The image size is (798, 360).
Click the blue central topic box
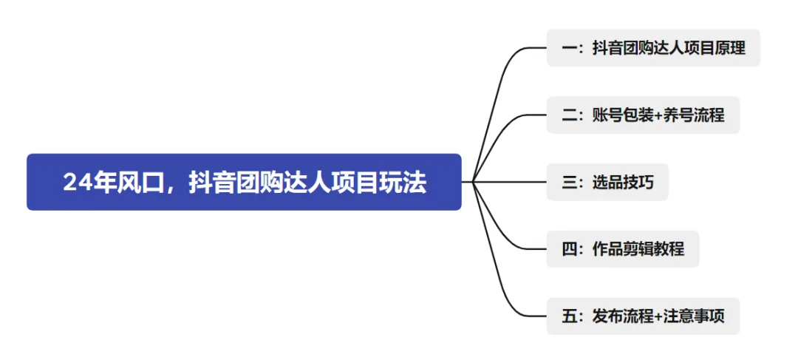(x=244, y=182)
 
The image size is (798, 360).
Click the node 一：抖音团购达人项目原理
(x=653, y=48)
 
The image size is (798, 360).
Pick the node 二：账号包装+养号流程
(x=643, y=115)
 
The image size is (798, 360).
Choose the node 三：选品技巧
(x=607, y=182)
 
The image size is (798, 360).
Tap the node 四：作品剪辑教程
(x=622, y=249)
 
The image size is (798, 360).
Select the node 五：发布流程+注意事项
(x=643, y=316)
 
